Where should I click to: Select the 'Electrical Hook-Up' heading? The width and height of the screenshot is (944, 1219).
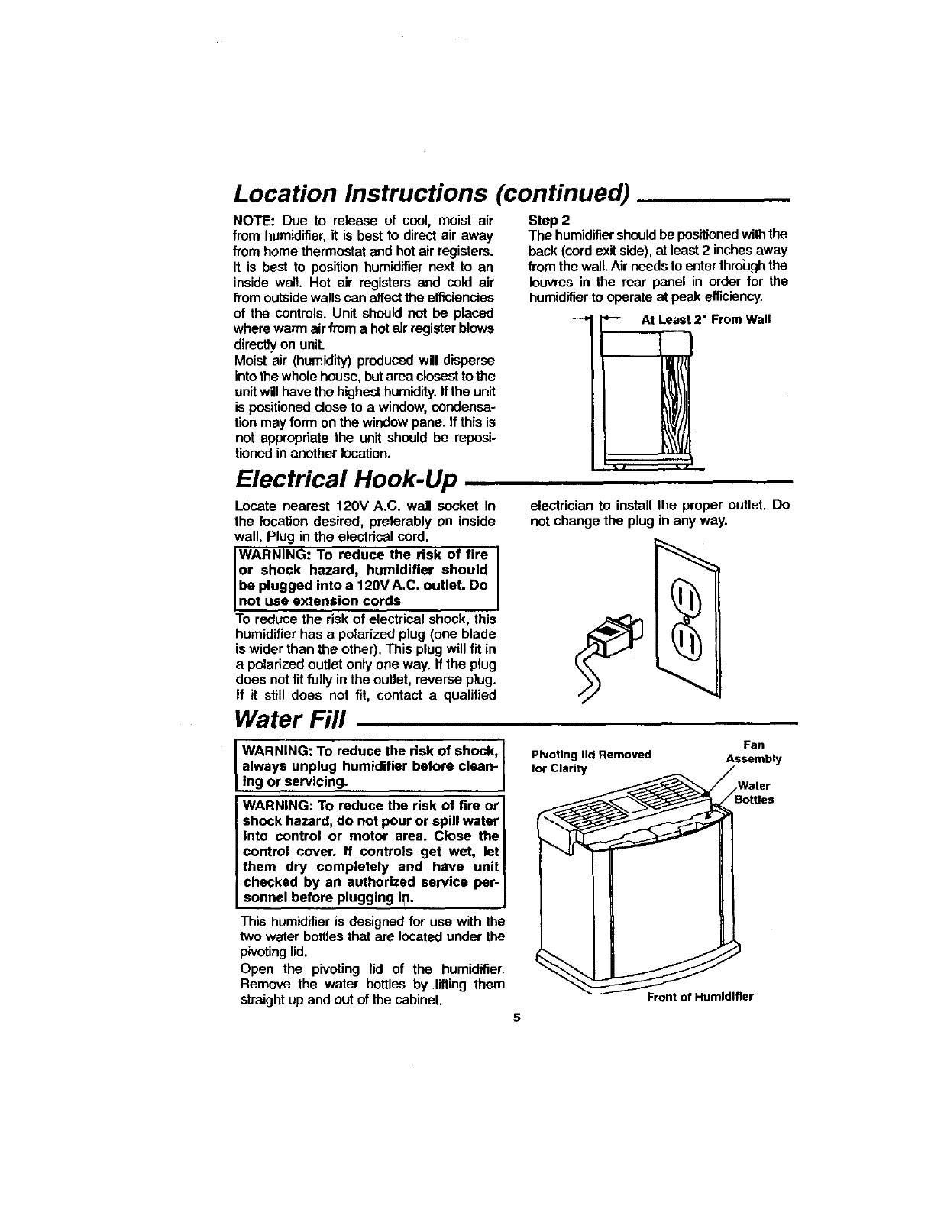(347, 480)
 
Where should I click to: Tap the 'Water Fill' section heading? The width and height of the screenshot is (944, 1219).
(291, 718)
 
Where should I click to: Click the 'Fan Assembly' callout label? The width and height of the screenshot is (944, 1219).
(753, 752)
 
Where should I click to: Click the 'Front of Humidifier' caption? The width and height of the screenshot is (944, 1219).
(700, 998)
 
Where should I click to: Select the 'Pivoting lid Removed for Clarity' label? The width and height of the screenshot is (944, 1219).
(590, 761)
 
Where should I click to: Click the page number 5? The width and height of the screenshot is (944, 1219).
(517, 1017)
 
